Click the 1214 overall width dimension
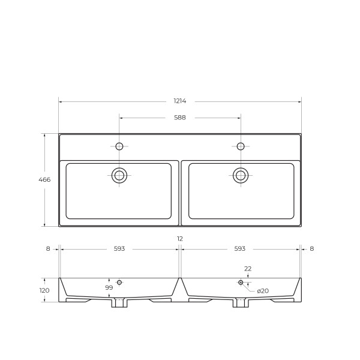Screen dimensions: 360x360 click(179, 101)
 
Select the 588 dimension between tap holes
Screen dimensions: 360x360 click(179, 118)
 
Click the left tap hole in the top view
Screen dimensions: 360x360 click(119, 146)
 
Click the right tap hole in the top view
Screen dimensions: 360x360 click(241, 146)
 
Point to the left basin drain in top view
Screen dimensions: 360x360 click(119, 175)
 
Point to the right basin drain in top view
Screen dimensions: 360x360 click(241, 175)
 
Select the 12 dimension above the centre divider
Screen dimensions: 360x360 click(179, 239)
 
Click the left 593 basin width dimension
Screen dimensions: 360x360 click(119, 248)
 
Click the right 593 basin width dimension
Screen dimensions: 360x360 click(240, 248)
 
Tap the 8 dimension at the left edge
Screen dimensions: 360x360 click(48, 248)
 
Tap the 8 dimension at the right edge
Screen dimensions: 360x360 click(312, 248)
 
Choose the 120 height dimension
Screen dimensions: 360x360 click(44, 290)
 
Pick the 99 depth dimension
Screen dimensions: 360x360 click(109, 288)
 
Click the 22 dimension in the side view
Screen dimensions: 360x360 click(248, 269)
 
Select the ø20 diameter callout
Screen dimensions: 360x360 click(262, 291)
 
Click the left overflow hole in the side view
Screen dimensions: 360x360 click(119, 282)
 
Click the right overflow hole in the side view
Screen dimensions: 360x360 click(241, 282)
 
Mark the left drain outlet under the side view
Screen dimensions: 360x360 click(119, 303)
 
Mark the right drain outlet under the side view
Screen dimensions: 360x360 click(241, 303)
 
